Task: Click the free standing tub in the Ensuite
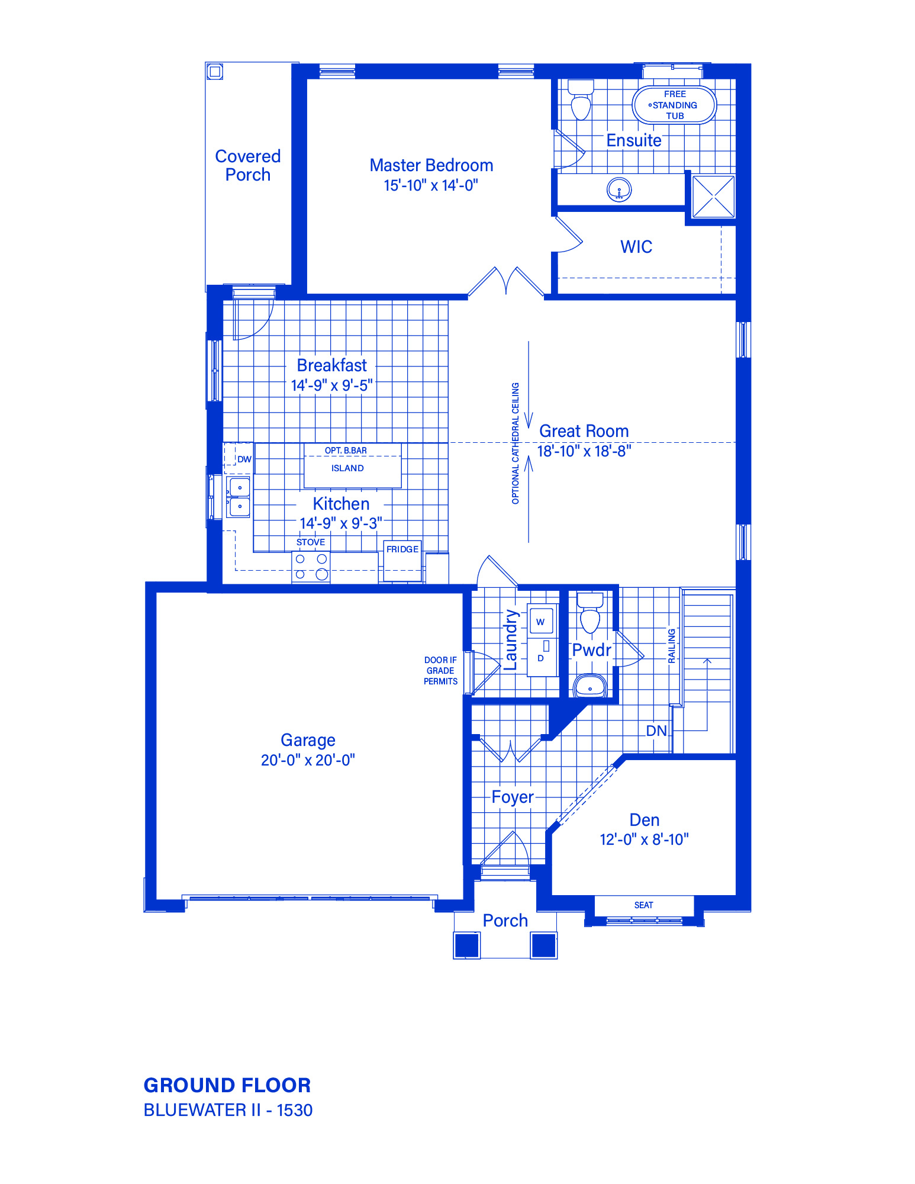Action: (674, 105)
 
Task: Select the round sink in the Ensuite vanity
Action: (619, 190)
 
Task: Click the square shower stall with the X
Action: (713, 197)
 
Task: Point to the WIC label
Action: (636, 247)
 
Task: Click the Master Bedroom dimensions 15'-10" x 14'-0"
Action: (431, 185)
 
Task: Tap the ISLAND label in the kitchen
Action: (347, 468)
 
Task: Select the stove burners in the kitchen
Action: (311, 567)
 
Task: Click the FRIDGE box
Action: (402, 560)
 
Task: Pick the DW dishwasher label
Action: (244, 459)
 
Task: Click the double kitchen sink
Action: (239, 497)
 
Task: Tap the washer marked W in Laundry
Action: (541, 621)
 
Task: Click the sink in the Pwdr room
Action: (590, 686)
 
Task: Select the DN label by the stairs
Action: (656, 731)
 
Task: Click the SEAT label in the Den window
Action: (644, 905)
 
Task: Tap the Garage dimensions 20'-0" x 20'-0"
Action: (308, 760)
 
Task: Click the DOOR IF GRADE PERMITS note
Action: (440, 671)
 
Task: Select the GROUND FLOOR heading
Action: (227, 1086)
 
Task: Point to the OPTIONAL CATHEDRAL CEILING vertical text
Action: (516, 443)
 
